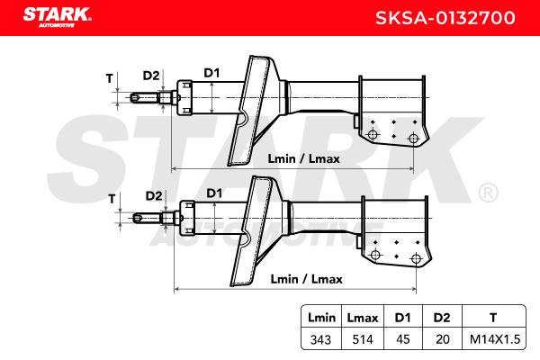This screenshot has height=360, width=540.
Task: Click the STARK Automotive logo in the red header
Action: coord(58,17)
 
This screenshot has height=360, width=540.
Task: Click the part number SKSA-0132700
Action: coord(445,18)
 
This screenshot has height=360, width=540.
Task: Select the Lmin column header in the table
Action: coord(321,318)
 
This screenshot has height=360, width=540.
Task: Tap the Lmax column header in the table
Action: coord(363,318)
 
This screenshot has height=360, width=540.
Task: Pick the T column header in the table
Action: coord(493,318)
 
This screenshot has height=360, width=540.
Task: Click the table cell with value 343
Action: coord(320,339)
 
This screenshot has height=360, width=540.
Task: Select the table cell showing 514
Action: coord(363,339)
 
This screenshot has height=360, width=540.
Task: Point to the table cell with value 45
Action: coord(403,339)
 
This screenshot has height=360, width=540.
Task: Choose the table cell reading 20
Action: coord(443,339)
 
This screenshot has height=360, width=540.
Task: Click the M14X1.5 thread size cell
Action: coord(494,339)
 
